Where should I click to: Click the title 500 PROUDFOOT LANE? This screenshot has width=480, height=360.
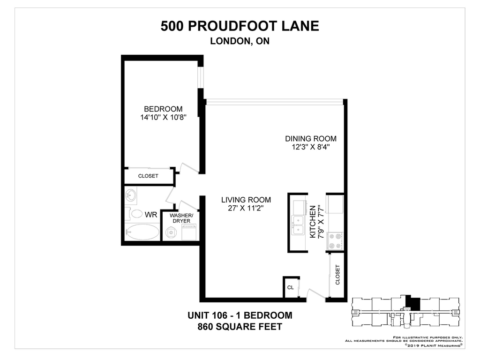(240, 26)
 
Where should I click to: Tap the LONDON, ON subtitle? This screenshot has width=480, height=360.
(240, 41)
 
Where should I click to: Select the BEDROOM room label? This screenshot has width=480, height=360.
(163, 109)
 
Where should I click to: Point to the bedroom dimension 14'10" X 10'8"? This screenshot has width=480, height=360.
(163, 117)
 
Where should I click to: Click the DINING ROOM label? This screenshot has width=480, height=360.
(311, 139)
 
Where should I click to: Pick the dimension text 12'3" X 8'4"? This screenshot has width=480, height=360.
(311, 147)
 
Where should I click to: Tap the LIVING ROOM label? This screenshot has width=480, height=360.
(246, 200)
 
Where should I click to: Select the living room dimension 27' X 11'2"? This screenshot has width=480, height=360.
(246, 209)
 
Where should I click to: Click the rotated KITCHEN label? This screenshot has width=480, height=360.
(313, 222)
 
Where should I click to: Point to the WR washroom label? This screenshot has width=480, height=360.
(151, 215)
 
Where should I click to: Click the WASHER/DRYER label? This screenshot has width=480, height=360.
(181, 218)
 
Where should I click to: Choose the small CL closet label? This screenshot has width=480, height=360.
(291, 287)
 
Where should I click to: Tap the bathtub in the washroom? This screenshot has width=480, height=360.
(142, 232)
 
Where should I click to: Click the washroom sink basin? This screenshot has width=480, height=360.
(131, 195)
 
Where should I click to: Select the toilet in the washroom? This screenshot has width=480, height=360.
(135, 213)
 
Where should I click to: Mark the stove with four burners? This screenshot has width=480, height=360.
(335, 241)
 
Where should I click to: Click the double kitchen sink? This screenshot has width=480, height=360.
(298, 225)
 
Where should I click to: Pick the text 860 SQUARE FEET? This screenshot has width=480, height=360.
(240, 327)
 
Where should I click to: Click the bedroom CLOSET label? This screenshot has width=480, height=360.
(148, 176)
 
